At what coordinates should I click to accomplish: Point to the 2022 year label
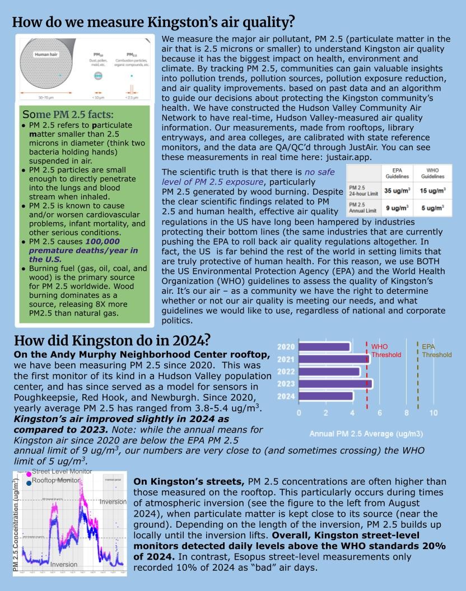(x=286, y=371)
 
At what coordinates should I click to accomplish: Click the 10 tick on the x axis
(x=434, y=413)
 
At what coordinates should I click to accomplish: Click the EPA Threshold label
(x=437, y=350)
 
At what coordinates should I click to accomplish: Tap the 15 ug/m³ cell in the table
(x=433, y=190)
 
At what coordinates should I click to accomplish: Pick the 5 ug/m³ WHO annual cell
(x=433, y=208)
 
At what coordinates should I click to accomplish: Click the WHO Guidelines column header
(x=433, y=172)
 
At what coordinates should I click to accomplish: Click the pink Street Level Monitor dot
(x=29, y=475)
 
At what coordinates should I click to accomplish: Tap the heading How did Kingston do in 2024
(x=112, y=340)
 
